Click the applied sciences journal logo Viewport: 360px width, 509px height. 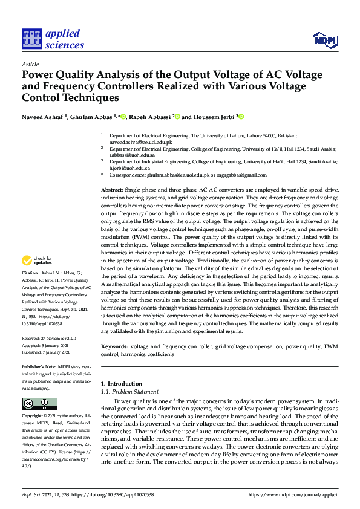[x=53, y=38]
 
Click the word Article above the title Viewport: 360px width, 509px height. [x=30, y=64]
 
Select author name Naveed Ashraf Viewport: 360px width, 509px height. [x=44, y=117]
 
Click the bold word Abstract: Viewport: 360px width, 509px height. [x=112, y=190]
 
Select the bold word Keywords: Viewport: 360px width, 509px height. [x=114, y=346]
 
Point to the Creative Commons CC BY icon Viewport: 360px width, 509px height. [x=39, y=403]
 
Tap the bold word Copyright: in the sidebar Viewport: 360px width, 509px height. [x=34, y=417]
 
